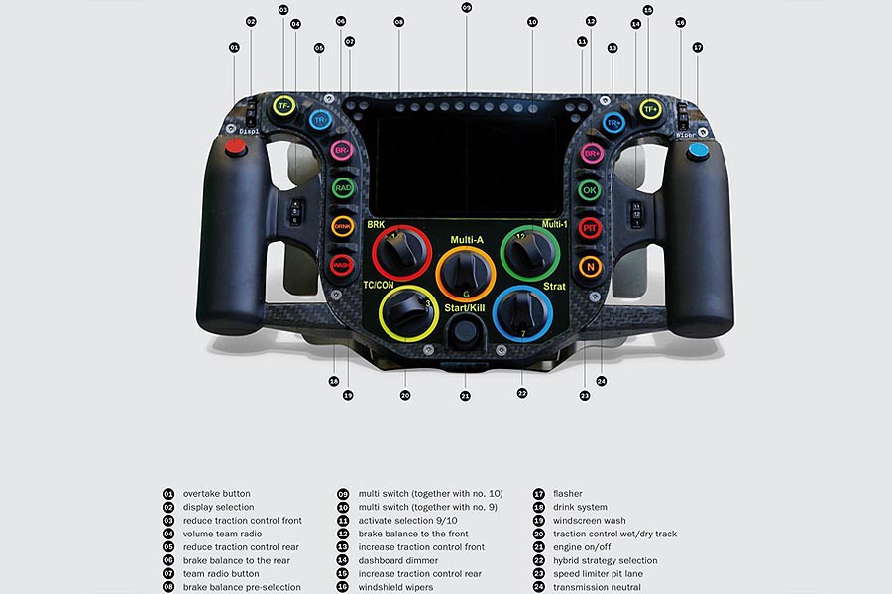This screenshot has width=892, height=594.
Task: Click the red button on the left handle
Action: (236, 149)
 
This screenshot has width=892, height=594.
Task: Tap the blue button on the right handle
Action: (698, 151)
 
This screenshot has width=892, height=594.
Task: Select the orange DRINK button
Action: (342, 226)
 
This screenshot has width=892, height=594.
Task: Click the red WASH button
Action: (342, 265)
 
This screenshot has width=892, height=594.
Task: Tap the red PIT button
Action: (591, 227)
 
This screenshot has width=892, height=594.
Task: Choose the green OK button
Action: (591, 189)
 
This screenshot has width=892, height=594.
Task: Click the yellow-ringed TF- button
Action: (284, 106)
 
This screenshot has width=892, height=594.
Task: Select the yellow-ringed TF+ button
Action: (650, 109)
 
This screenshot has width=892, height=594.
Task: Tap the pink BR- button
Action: (342, 151)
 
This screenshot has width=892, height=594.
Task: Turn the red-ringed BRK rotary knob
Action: (402, 252)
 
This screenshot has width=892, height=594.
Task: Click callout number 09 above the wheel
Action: (466, 8)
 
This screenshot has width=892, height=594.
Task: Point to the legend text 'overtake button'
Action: (216, 493)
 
